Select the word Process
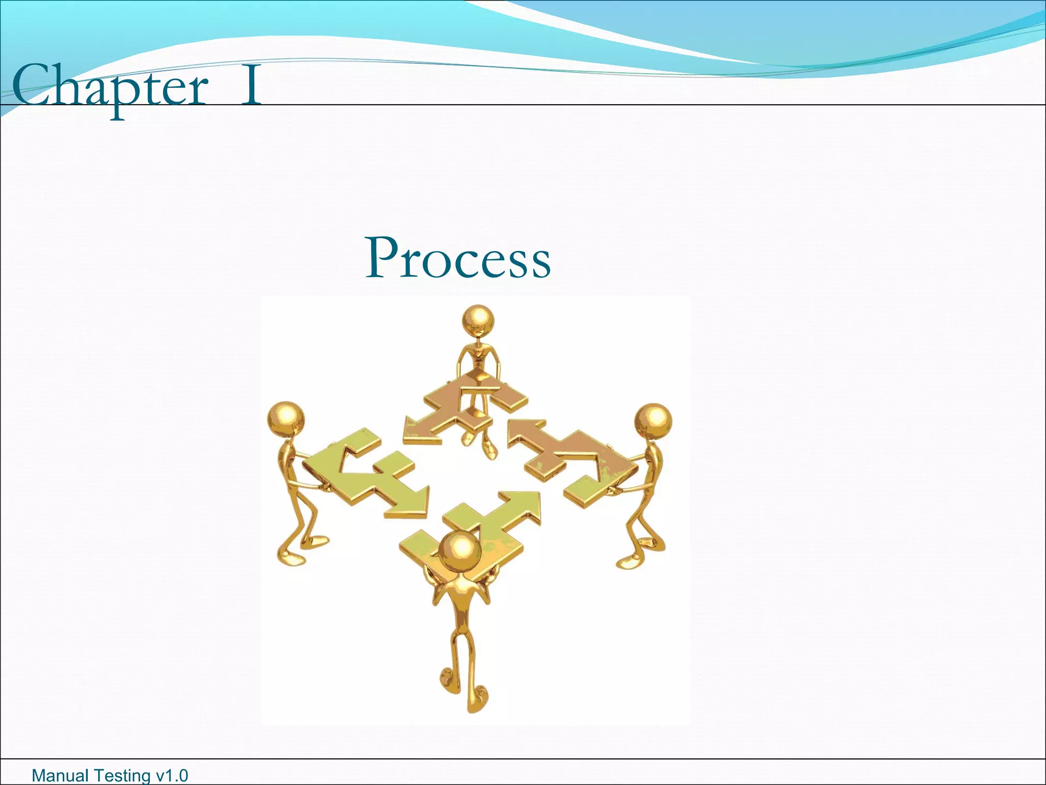tap(458, 258)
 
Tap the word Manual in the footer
tap(58, 776)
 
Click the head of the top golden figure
tap(478, 320)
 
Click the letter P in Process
tap(384, 258)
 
